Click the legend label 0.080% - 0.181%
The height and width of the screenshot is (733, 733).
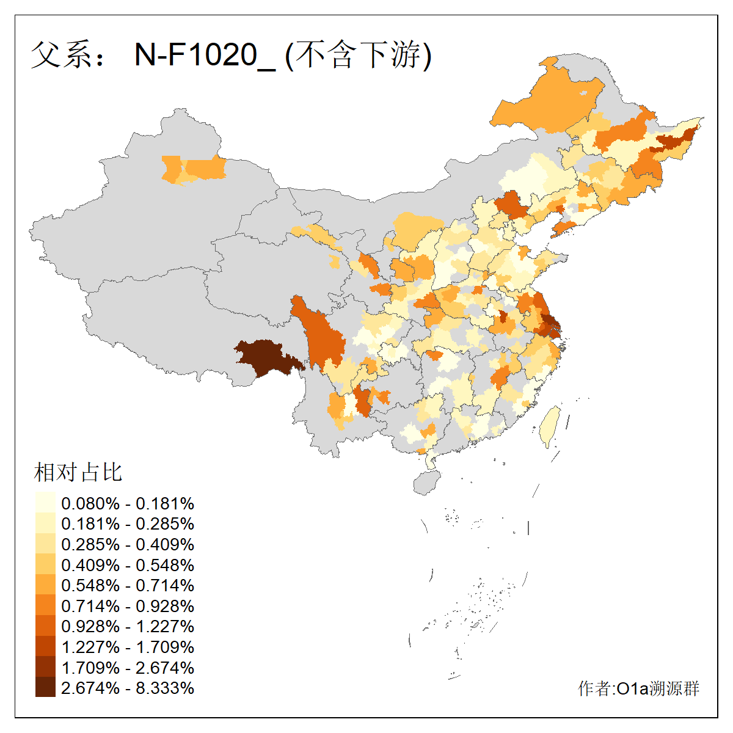(128, 504)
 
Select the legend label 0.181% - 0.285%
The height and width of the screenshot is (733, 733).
(128, 524)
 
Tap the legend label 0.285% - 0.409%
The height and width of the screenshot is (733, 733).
(128, 545)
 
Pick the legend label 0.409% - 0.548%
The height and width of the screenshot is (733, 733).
(128, 565)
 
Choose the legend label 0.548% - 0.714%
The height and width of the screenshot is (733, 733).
(128, 586)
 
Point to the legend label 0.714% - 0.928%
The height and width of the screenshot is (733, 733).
(128, 607)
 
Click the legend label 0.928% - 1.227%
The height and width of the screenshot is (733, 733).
(128, 627)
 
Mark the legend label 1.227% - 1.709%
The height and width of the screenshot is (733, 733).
(128, 647)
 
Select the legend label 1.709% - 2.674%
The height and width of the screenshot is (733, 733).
(128, 668)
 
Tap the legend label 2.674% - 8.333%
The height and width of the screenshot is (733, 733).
(128, 688)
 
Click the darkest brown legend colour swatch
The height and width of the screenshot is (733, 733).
(45, 688)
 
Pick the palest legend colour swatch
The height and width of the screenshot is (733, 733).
(45, 503)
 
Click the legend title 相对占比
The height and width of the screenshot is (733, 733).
(78, 472)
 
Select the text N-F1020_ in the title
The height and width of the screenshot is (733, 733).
(205, 56)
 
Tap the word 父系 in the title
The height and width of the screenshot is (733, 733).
(59, 55)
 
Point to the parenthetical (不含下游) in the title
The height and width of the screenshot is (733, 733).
(359, 55)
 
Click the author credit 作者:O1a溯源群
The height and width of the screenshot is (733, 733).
(638, 688)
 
